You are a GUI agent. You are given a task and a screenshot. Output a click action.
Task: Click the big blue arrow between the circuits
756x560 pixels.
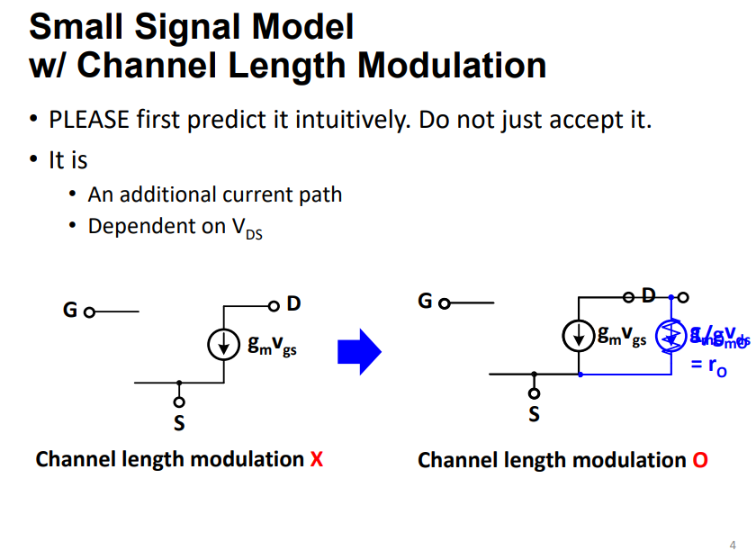click(359, 351)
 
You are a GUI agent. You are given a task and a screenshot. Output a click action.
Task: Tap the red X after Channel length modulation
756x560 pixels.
click(316, 460)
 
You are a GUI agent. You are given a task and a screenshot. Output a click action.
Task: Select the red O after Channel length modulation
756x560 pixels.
click(700, 461)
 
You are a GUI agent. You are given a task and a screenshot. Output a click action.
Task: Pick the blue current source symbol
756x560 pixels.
click(670, 336)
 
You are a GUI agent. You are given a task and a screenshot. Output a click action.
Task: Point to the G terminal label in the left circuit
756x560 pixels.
click(69, 312)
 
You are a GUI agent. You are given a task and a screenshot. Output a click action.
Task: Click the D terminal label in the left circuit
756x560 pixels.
click(293, 304)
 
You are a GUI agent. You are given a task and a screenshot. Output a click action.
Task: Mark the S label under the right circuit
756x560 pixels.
click(534, 414)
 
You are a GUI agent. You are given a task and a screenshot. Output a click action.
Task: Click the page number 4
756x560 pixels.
click(732, 545)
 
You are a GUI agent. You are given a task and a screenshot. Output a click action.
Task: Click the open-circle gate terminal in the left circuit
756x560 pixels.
click(88, 312)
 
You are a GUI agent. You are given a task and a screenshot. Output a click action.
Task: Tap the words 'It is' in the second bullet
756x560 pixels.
click(68, 160)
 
